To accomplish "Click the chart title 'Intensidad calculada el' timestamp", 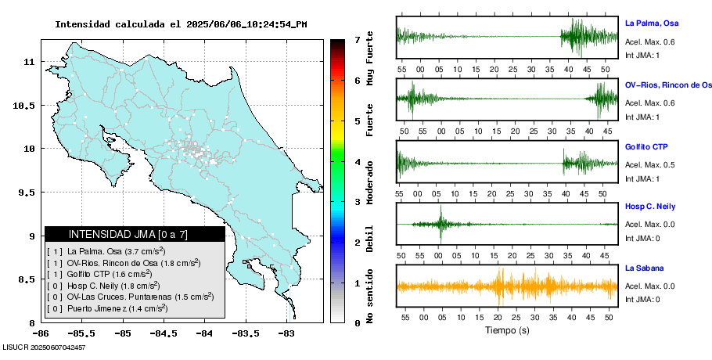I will pos(181,24).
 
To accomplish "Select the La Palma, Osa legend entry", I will pos(106,251).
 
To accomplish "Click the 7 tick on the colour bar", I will pos(357,39).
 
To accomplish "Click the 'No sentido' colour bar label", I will pos(369,296).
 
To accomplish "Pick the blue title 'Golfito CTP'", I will pos(646,147).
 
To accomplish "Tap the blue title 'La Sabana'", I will pos(642,268).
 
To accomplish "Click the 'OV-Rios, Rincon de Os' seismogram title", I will pos(668,85).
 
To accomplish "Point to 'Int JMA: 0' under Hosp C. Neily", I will pos(642,238).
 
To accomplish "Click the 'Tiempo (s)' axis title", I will pos(507,330).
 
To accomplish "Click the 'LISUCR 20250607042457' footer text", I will pos(44,347).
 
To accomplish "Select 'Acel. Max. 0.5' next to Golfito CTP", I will pos(650,164).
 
